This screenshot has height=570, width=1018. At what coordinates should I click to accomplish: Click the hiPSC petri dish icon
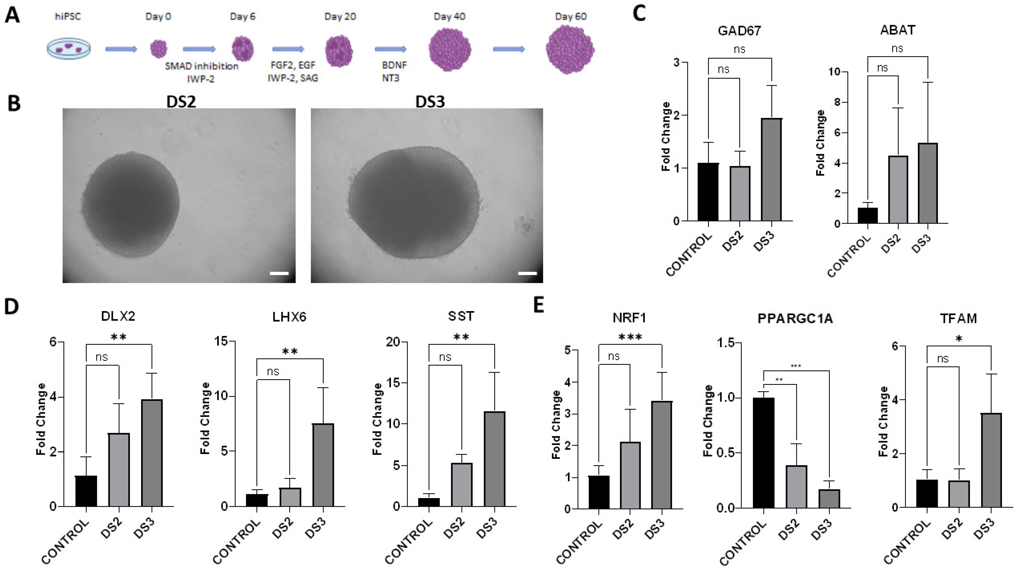coord(68,49)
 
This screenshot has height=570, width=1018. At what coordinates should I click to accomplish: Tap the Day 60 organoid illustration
coord(570,49)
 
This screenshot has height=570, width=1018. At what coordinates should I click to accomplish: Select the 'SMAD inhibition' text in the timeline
coord(201,66)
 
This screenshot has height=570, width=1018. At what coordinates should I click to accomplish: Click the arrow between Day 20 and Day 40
coord(390,49)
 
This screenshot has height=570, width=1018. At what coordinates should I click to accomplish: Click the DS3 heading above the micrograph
coord(430,102)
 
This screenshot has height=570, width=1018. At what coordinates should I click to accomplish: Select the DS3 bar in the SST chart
coord(494,459)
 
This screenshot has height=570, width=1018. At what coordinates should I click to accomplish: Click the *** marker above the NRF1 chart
coord(630,337)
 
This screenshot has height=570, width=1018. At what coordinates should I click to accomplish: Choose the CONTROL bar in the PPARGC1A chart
coord(763,453)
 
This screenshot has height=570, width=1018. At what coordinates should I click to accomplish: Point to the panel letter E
coord(539,305)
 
